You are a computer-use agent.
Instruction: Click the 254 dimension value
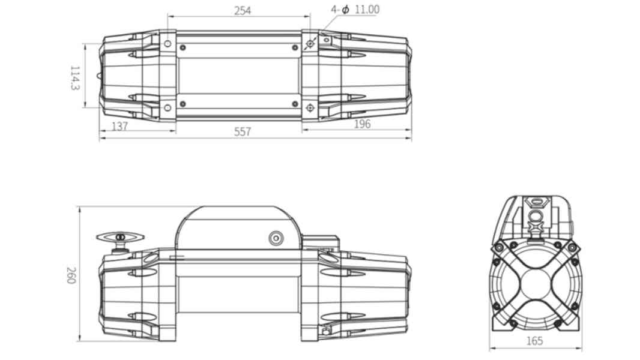pyautogui.click(x=243, y=10)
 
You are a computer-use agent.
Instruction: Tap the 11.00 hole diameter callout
pyautogui.click(x=367, y=9)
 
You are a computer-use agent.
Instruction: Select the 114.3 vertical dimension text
pyautogui.click(x=74, y=78)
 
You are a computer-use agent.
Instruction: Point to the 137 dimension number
pyautogui.click(x=119, y=126)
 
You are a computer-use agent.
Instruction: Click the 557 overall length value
pyautogui.click(x=243, y=131)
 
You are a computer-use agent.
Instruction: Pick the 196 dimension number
pyautogui.click(x=362, y=124)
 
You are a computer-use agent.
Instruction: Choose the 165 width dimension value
pyautogui.click(x=535, y=340)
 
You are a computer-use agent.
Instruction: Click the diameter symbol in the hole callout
pyautogui.click(x=345, y=9)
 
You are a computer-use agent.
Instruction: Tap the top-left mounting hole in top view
pyautogui.click(x=168, y=44)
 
